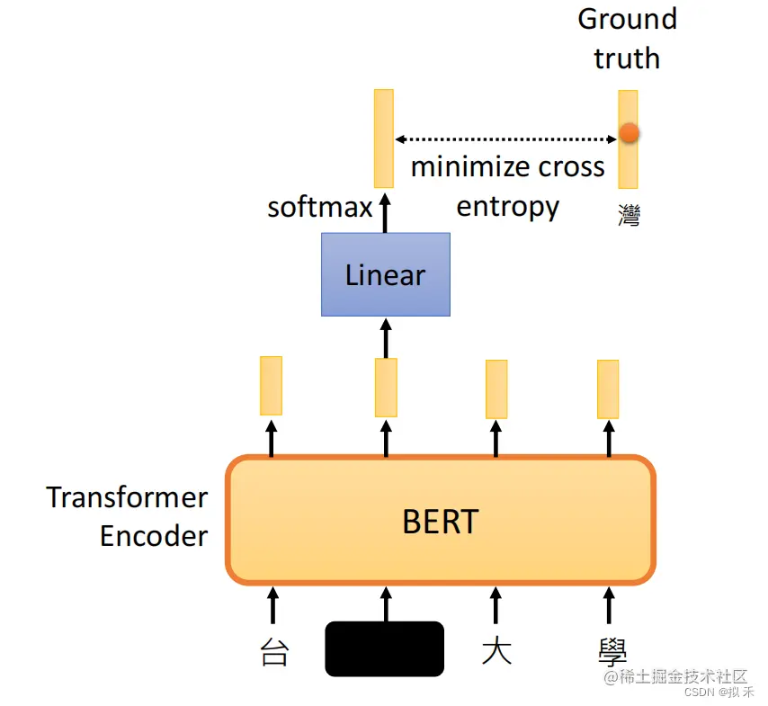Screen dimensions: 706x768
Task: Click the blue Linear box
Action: pyautogui.click(x=385, y=274)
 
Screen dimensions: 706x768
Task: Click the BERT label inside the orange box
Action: pyautogui.click(x=440, y=521)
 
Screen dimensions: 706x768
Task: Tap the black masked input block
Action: pyautogui.click(x=384, y=648)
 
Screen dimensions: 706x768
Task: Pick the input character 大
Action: pyautogui.click(x=496, y=651)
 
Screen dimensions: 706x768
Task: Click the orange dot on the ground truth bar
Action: pyautogui.click(x=629, y=133)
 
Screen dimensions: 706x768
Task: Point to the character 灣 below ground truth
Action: pyautogui.click(x=629, y=214)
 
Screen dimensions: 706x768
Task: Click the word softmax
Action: pyautogui.click(x=320, y=208)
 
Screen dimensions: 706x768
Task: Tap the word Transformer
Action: pyautogui.click(x=127, y=497)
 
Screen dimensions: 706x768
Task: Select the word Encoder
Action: pyautogui.click(x=154, y=536)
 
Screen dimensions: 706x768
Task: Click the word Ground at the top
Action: pyautogui.click(x=627, y=19)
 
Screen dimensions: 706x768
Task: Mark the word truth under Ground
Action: pyautogui.click(x=627, y=58)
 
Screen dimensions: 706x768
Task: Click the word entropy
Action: pyautogui.click(x=508, y=207)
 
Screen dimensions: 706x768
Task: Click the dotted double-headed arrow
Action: pyautogui.click(x=506, y=139)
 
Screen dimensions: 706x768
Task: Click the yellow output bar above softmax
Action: pyautogui.click(x=384, y=138)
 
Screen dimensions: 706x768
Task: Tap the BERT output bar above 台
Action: pyautogui.click(x=271, y=385)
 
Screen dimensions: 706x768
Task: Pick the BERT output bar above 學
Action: pyautogui.click(x=608, y=389)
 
